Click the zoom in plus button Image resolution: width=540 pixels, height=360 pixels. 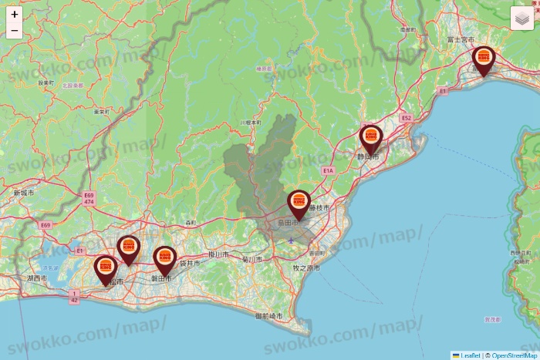[x=15, y=14]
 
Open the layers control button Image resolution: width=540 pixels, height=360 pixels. [x=521, y=19]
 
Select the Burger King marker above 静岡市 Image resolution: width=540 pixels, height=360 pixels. [x=371, y=140]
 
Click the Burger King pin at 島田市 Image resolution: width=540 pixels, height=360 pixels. [x=299, y=204]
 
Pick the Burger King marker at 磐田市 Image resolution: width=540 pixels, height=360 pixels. [x=164, y=260]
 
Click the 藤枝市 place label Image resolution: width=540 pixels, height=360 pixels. [x=319, y=208]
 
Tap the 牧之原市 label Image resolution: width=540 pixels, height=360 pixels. [x=306, y=267]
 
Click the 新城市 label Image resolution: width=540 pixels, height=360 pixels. [x=24, y=192]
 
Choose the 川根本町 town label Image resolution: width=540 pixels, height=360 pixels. [x=250, y=122]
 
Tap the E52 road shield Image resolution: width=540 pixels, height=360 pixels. [x=407, y=118]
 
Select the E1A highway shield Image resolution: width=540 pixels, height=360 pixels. [x=328, y=170]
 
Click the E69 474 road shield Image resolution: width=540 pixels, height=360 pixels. [x=89, y=200]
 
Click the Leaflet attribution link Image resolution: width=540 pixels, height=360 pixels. [x=470, y=355]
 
